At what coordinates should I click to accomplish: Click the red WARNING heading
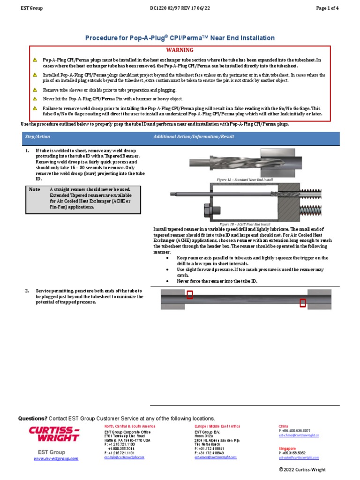(x=180, y=50)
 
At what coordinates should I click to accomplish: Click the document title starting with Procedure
(x=180, y=38)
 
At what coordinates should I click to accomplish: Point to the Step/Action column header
(x=37, y=136)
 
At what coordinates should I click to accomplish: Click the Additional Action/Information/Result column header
(x=202, y=136)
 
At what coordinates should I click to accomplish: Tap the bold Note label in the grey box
(x=34, y=189)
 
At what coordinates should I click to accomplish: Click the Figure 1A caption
(x=244, y=180)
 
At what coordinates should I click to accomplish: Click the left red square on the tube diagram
(x=189, y=295)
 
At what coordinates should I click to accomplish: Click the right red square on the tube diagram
(x=303, y=303)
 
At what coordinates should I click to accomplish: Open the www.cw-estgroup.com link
(x=56, y=459)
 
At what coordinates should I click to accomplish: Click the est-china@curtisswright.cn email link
(x=299, y=435)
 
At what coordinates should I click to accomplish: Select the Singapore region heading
(x=288, y=448)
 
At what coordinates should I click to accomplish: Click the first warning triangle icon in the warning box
(x=35, y=60)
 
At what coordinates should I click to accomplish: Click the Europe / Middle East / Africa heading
(x=217, y=426)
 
